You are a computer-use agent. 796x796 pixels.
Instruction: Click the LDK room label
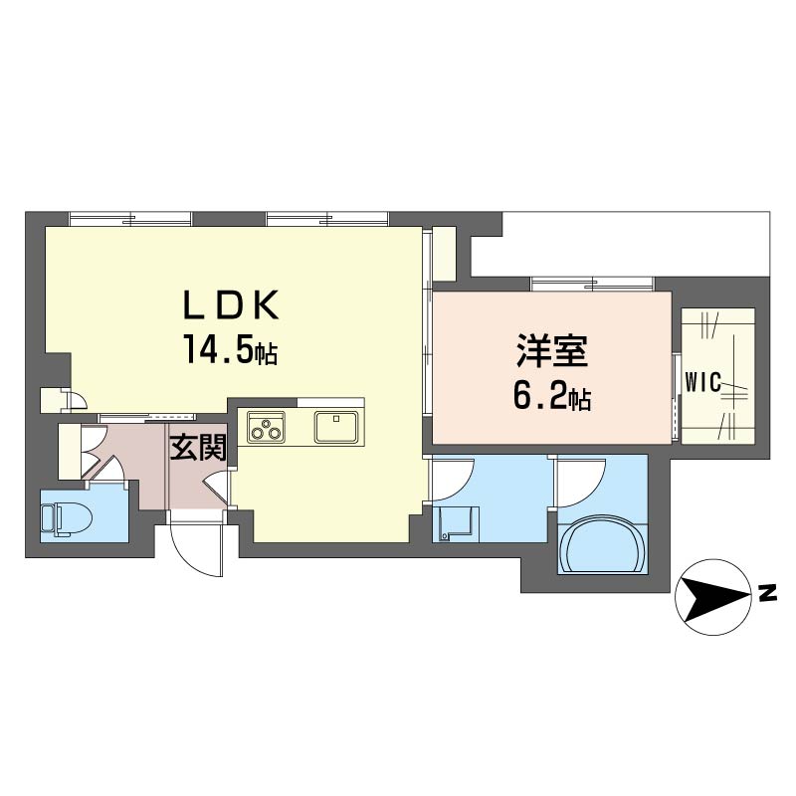pos(231,304)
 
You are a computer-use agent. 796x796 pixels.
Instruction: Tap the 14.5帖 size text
pos(231,350)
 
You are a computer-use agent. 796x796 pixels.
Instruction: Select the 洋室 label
pos(552,350)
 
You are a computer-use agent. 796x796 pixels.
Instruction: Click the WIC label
pos(703,382)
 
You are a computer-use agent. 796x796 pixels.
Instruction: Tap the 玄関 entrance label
pos(198,448)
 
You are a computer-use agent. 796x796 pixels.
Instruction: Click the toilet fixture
pos(66,518)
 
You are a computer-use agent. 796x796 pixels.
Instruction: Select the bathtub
pos(602,544)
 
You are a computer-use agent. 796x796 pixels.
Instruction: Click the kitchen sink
pos(336,427)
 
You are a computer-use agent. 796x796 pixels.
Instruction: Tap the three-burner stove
pos(266,426)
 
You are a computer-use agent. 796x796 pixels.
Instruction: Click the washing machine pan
pos(456,523)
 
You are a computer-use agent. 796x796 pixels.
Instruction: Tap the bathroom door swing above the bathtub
pos(581,481)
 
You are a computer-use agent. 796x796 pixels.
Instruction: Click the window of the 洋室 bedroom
pos(592,284)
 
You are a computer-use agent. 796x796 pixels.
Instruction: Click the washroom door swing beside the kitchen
pos(453,480)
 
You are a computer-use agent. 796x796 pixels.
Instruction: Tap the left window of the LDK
pos(131,219)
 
